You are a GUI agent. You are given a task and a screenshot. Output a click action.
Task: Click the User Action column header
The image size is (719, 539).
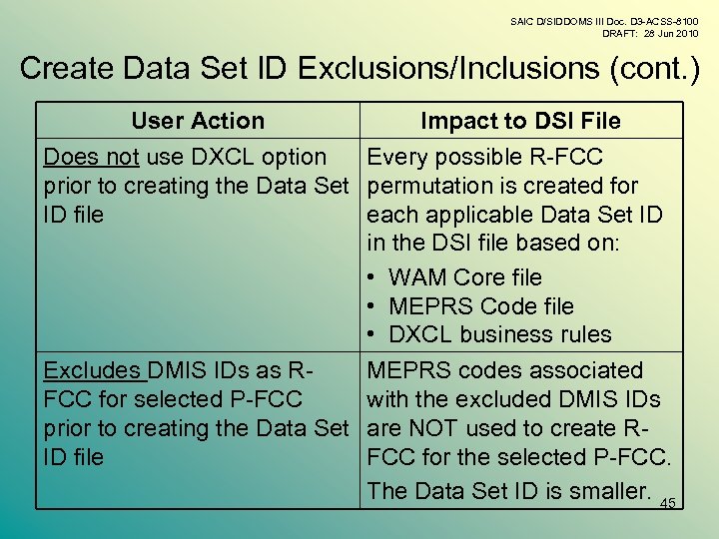[x=198, y=121]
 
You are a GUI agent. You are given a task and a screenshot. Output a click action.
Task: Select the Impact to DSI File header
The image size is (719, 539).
[x=520, y=121]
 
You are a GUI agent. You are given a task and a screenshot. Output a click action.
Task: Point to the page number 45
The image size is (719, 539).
[x=668, y=504]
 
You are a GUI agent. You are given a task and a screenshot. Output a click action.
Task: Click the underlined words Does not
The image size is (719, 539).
[x=91, y=157]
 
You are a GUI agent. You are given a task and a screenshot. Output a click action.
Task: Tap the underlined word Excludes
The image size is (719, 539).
[x=92, y=370]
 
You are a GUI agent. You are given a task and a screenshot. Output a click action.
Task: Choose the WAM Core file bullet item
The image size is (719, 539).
[x=464, y=277]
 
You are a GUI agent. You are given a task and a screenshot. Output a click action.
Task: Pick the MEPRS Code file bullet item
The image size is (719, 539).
[x=480, y=306]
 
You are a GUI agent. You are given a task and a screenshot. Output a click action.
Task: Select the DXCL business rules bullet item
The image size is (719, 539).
[x=499, y=334]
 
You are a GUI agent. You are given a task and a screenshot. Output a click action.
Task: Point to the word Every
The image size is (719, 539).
[x=397, y=157]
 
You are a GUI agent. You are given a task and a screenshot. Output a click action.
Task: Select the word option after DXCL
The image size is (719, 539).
[x=291, y=157]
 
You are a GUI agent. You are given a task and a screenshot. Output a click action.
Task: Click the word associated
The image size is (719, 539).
[x=579, y=370]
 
